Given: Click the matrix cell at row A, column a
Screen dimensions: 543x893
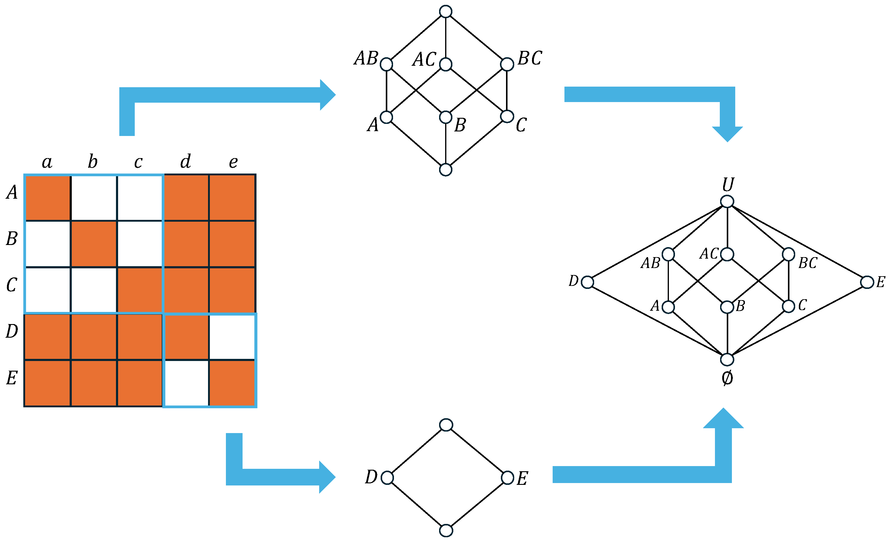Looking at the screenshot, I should click(x=48, y=197).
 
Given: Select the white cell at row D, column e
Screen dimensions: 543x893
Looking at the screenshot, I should click(x=232, y=337).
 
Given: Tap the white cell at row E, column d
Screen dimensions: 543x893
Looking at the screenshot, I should click(x=187, y=383).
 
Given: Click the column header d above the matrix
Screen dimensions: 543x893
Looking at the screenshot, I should click(x=186, y=161).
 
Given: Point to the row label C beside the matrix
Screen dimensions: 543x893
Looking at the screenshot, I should click(x=12, y=285).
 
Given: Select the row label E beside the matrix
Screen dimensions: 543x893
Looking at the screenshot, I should click(x=12, y=378).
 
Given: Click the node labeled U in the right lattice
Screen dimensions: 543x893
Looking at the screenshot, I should click(x=727, y=201).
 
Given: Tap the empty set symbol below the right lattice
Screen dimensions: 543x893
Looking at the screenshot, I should click(x=727, y=378).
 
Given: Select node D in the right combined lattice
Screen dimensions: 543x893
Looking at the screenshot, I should click(x=587, y=282).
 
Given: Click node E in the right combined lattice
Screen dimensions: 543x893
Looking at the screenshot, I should click(x=867, y=282).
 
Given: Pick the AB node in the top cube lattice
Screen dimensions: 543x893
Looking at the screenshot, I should click(x=387, y=65).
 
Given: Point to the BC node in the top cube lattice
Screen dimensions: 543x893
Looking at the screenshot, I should click(x=507, y=65).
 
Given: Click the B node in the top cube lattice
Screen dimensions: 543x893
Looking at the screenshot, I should click(x=446, y=117).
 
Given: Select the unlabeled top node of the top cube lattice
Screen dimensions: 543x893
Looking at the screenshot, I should click(x=446, y=12).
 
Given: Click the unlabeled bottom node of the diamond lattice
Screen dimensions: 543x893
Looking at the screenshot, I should click(x=446, y=531).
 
